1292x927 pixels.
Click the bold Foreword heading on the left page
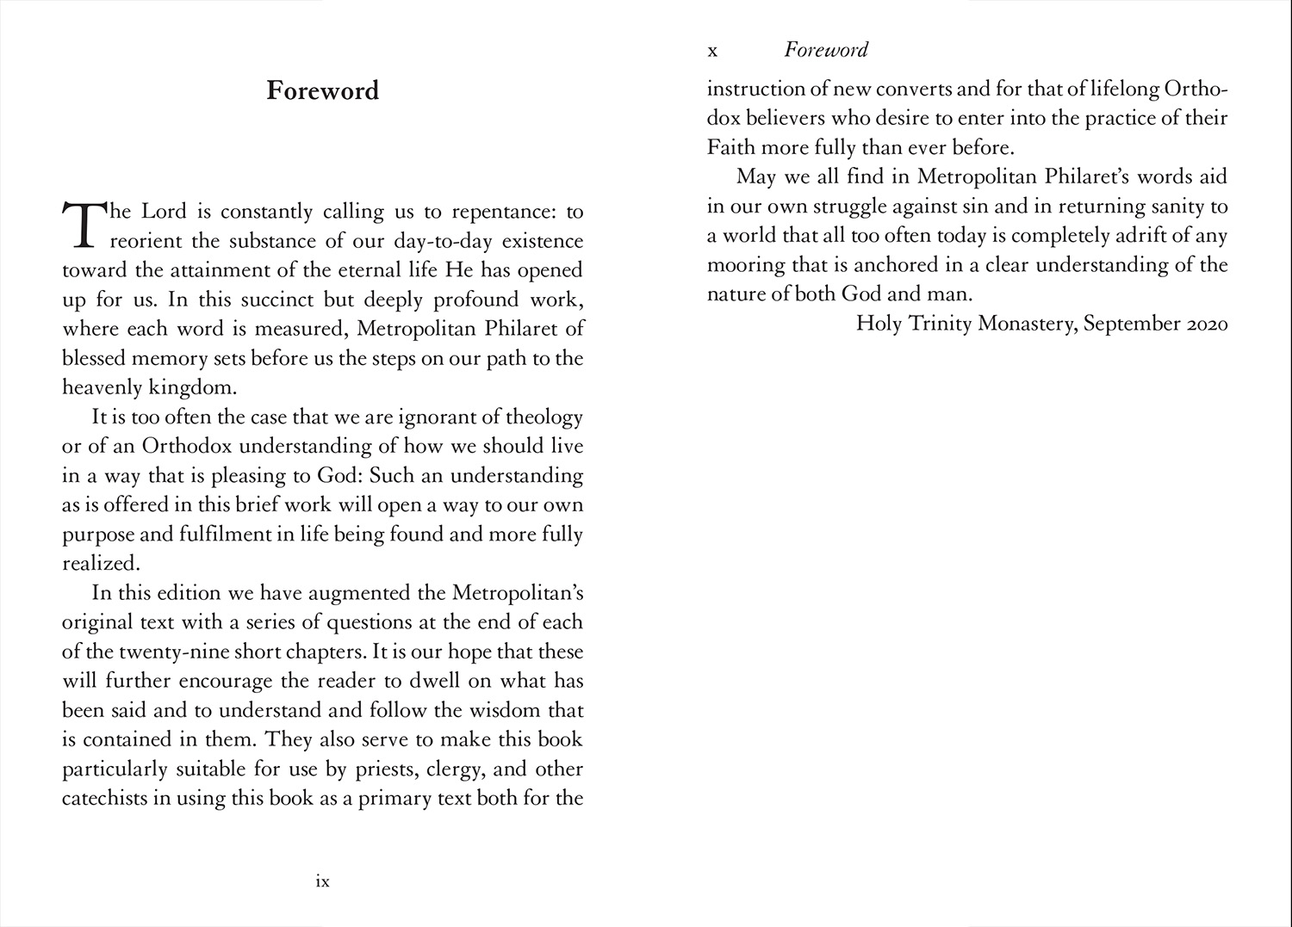[322, 90]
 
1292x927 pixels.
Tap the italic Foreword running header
[825, 50]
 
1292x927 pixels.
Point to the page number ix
[323, 881]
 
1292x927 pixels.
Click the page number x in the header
[712, 51]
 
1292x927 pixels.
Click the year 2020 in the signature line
[1207, 324]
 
